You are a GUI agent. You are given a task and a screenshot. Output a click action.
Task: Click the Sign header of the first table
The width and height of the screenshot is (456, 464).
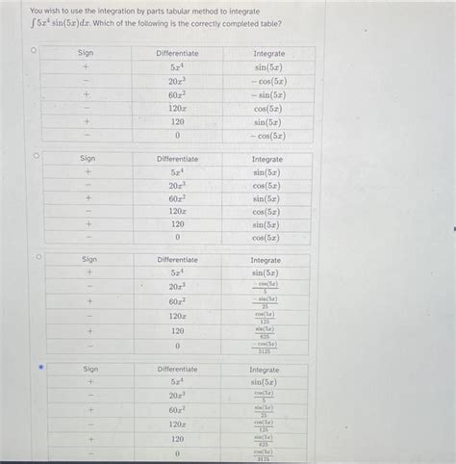pyautogui.click(x=86, y=53)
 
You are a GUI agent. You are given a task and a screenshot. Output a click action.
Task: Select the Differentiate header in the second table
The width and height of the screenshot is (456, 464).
pyautogui.click(x=177, y=159)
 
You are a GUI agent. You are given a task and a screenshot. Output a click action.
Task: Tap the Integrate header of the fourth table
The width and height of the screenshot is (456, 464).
pyautogui.click(x=264, y=370)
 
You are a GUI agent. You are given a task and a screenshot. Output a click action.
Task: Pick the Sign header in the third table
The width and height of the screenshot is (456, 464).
pyautogui.click(x=89, y=260)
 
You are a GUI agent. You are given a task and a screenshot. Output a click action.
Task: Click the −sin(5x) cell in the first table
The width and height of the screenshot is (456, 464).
pyautogui.click(x=267, y=94)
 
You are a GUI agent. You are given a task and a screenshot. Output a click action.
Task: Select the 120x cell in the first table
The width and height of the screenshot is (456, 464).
pyautogui.click(x=177, y=109)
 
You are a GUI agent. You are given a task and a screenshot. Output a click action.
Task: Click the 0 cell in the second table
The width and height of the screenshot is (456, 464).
pyautogui.click(x=177, y=237)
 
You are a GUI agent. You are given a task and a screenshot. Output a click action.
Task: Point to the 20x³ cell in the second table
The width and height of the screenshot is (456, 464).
pyautogui.click(x=177, y=185)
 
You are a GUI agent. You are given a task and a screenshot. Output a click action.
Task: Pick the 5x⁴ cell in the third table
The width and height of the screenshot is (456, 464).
pyautogui.click(x=177, y=272)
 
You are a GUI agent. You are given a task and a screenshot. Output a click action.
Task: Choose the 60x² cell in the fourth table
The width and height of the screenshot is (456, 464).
pyautogui.click(x=177, y=409)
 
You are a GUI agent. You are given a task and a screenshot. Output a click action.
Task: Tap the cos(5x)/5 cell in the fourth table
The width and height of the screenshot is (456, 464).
pyautogui.click(x=264, y=396)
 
